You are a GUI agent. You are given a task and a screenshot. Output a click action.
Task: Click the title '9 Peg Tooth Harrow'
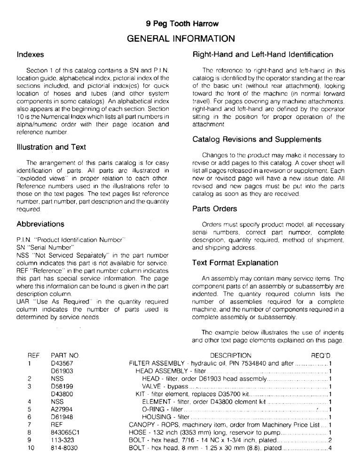tap(181, 23)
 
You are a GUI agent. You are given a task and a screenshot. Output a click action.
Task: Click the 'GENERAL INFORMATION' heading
tap(181, 38)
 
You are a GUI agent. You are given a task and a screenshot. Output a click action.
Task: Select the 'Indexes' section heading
tap(30, 55)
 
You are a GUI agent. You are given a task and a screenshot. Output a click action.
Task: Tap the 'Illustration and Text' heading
tap(51, 147)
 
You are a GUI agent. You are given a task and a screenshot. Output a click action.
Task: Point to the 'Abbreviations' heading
tap(40, 224)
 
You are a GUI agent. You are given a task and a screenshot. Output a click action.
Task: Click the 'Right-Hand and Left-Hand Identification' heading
tap(263, 55)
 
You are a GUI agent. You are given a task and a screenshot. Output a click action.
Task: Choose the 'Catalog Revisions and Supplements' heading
tap(257, 140)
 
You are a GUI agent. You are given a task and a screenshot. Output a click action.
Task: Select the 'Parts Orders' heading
tap(215, 208)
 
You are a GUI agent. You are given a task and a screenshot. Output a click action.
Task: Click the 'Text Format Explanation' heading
tap(236, 263)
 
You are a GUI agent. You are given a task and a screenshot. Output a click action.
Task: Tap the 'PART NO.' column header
tap(65, 355)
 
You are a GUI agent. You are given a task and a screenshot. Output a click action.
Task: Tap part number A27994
tap(62, 409)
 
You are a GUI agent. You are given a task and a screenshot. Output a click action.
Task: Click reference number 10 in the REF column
tap(30, 448)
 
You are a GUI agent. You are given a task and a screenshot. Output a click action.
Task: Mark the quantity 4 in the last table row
tap(331, 448)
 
